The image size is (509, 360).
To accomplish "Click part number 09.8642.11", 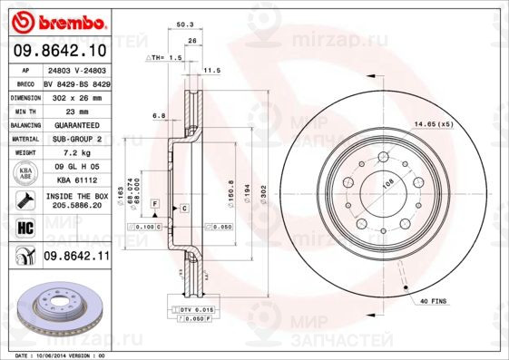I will point(77,258).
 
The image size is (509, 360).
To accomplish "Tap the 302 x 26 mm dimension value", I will point(77,95).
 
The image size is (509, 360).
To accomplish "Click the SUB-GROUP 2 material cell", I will point(77,139).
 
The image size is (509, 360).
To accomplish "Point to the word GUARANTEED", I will point(77,124).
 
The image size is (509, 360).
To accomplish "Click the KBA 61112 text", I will point(77,180).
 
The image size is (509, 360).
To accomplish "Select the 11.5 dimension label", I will point(212,69).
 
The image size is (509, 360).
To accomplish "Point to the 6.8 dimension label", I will point(159,115).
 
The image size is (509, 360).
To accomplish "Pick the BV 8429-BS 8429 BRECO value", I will point(77,82).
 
